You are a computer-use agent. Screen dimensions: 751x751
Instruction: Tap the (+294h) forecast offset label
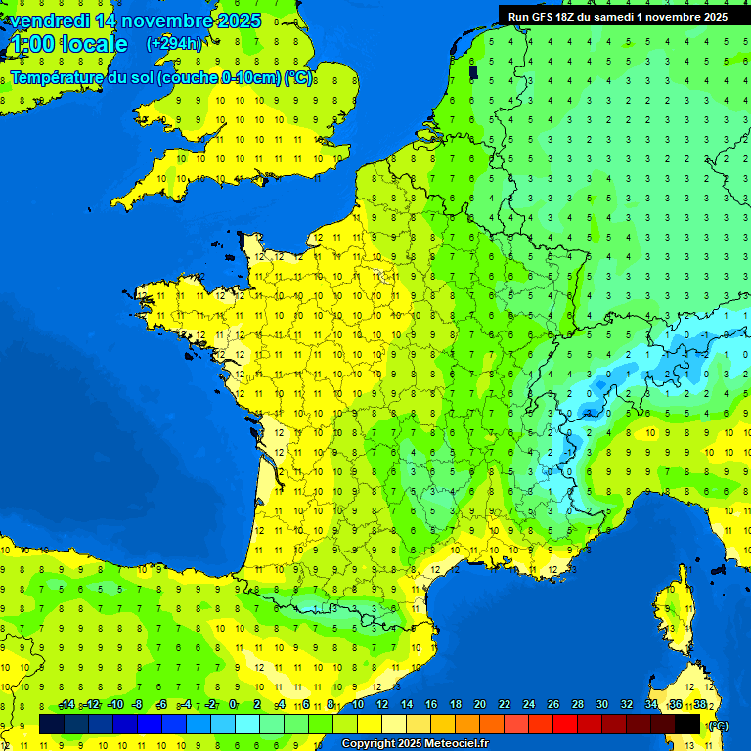174,43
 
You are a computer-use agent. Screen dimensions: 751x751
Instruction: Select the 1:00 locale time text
67,44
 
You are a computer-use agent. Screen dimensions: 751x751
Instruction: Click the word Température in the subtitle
57,78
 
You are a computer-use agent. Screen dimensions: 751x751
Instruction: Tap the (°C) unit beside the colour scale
717,726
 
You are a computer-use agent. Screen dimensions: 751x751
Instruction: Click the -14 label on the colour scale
66,705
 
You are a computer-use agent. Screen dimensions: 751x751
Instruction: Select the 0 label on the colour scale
234,705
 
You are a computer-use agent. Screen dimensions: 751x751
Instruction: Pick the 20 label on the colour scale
479,705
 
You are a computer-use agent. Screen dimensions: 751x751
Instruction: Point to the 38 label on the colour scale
700,705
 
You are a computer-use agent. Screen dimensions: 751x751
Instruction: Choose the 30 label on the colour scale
601,705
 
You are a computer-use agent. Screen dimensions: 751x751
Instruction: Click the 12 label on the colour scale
381,705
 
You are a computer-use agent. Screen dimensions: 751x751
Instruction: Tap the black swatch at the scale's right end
687,724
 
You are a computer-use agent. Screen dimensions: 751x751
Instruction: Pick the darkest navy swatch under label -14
52,724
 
